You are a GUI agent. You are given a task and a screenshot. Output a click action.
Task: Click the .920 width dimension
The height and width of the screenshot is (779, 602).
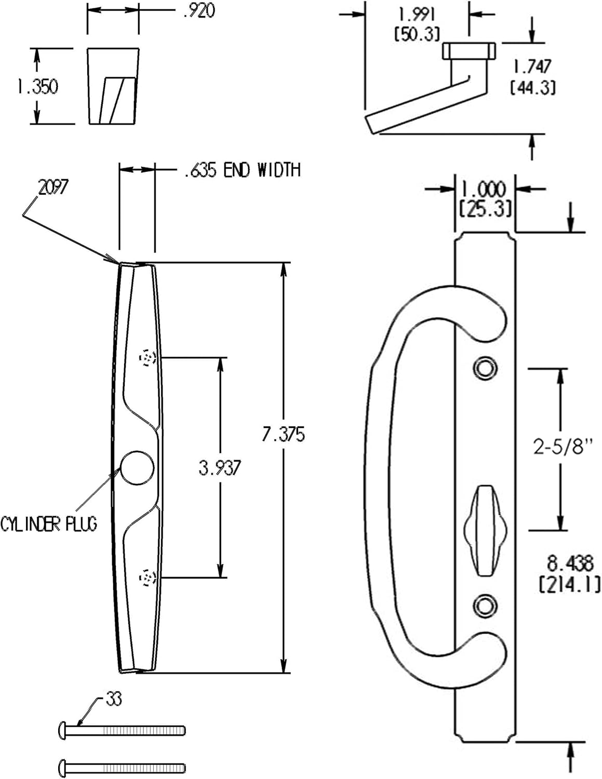tap(199, 11)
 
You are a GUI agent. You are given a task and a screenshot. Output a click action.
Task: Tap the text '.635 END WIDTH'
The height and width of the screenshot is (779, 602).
tap(242, 170)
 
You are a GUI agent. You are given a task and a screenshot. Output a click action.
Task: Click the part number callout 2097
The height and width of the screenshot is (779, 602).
tap(53, 187)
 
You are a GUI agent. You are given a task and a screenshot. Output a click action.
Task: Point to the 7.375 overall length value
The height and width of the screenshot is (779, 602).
tap(283, 434)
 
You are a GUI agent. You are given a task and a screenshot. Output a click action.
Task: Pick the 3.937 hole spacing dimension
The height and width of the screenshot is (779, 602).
tap(220, 468)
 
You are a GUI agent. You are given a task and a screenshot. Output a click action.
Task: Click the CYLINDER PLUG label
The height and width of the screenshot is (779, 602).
tap(49, 524)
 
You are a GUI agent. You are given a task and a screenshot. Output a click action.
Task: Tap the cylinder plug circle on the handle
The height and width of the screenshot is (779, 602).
tap(138, 467)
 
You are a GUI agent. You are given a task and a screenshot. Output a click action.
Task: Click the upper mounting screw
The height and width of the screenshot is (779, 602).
tap(122, 731)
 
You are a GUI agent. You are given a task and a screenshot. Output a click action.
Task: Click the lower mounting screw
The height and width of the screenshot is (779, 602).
tap(122, 767)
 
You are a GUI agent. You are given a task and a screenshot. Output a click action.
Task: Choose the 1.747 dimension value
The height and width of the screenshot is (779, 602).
tap(532, 66)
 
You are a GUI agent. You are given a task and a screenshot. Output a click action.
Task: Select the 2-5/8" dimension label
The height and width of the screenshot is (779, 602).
tap(563, 447)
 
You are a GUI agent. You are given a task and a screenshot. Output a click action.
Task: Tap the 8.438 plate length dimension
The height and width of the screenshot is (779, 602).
tap(569, 563)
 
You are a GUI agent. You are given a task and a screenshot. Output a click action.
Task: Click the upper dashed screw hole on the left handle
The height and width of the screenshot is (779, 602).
tap(148, 358)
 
